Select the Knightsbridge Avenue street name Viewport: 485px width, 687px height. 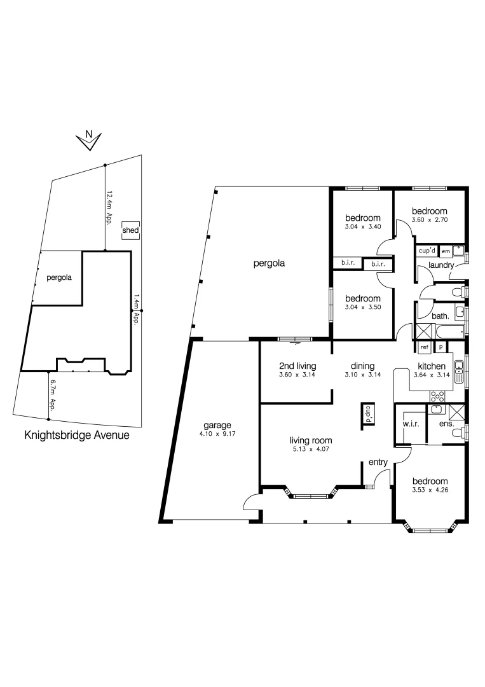(x=76, y=436)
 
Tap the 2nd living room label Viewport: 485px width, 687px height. (x=297, y=366)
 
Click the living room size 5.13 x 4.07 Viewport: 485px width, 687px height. (x=311, y=450)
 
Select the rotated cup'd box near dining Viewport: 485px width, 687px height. (x=367, y=415)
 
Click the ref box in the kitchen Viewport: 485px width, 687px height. (x=424, y=347)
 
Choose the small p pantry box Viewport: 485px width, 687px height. (x=441, y=347)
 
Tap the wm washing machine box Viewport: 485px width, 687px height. (x=445, y=251)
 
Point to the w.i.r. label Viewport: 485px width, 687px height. (x=409, y=424)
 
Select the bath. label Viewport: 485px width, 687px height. (x=441, y=315)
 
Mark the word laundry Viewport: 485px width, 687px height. (x=440, y=265)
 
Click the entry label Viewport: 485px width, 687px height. (x=378, y=464)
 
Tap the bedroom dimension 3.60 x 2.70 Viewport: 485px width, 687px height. (x=430, y=220)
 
